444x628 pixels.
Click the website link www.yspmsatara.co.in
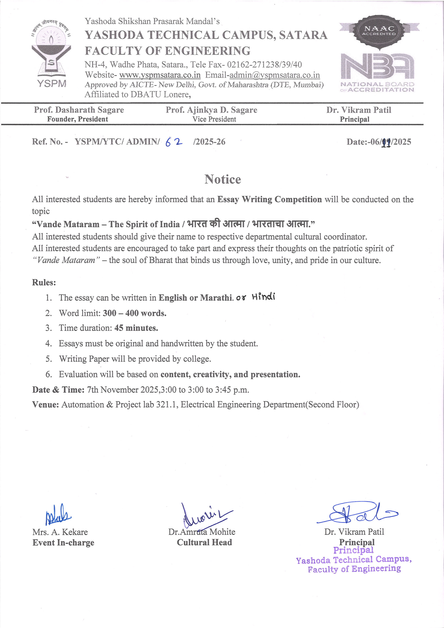(160, 75)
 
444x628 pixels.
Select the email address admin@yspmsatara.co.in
(274, 75)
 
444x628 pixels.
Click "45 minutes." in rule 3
(136, 328)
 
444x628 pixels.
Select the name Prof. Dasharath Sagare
(79, 110)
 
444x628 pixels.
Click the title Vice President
(214, 119)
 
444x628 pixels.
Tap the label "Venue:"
(45, 405)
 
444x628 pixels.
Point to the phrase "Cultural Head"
(204, 542)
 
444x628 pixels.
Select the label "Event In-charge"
(63, 543)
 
